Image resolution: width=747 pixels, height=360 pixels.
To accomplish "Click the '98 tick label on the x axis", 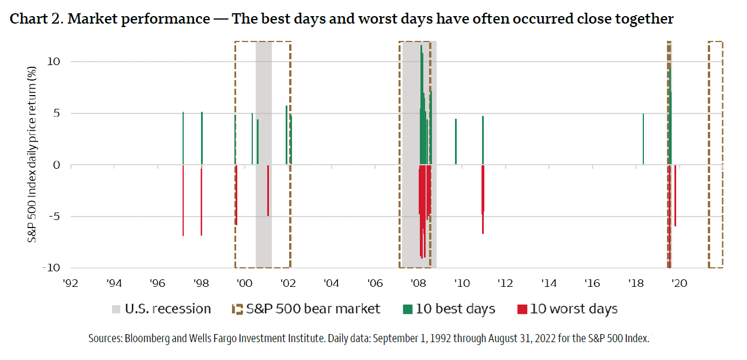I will pyautogui.click(x=201, y=283).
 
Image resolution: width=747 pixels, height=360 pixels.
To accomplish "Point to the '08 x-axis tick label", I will pyautogui.click(x=418, y=283).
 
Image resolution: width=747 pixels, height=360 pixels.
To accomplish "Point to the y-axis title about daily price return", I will pyautogui.click(x=33, y=162).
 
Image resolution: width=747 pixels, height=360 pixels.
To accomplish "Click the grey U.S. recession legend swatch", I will pyautogui.click(x=116, y=309).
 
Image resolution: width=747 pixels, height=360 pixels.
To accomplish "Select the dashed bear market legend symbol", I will pyautogui.click(x=236, y=309).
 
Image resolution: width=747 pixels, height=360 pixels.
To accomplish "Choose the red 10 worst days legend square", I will pyautogui.click(x=522, y=309).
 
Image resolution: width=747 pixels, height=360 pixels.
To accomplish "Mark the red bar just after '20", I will pyautogui.click(x=675, y=196).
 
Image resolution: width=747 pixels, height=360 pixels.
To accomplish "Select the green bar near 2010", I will pyautogui.click(x=456, y=142).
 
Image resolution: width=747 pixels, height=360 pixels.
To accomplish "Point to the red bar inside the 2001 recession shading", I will pyautogui.click(x=268, y=191).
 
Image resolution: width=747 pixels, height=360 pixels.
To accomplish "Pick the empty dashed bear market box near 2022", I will pyautogui.click(x=715, y=154).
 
